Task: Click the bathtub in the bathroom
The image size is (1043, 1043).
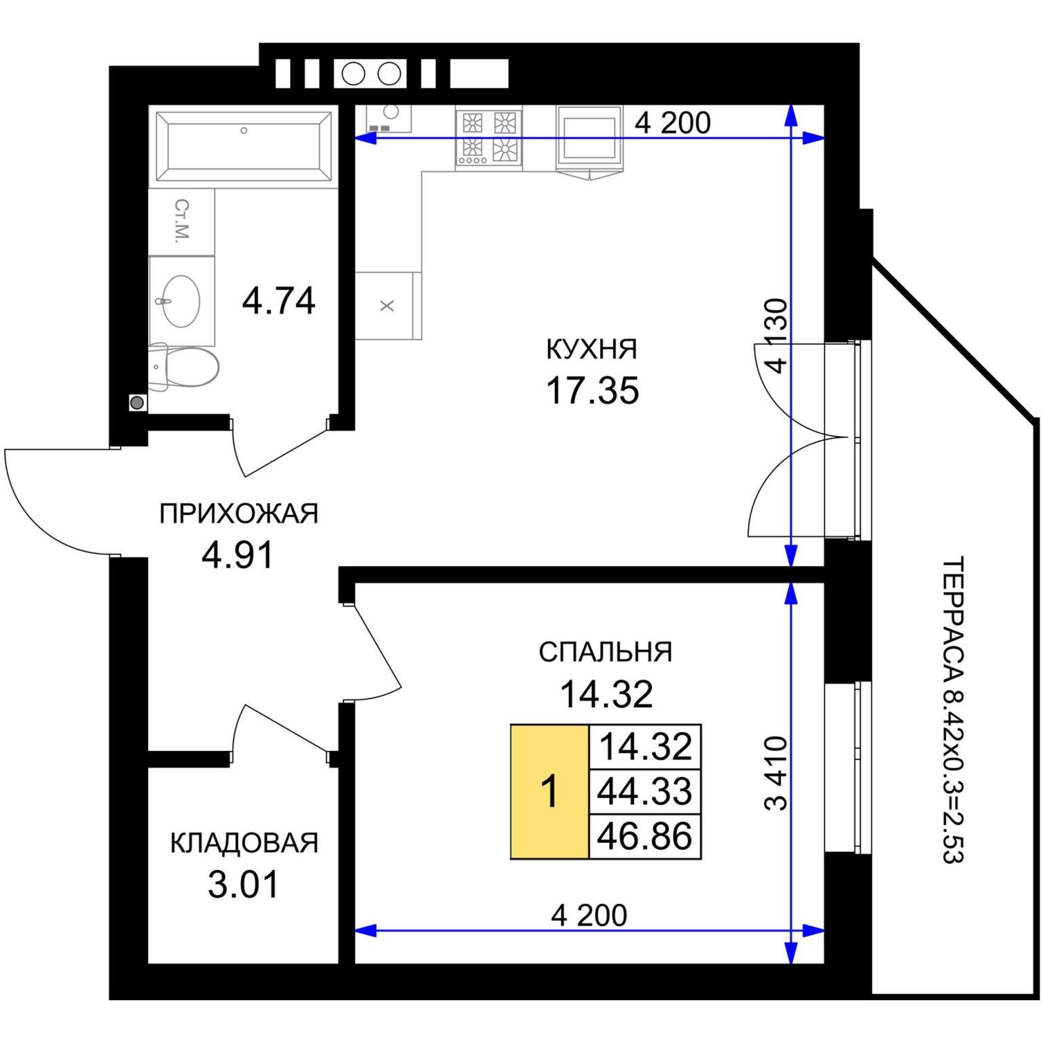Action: (244, 147)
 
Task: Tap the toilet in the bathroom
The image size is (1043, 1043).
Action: (184, 367)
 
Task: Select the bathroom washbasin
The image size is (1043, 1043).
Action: (181, 301)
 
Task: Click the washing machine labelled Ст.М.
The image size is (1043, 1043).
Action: (182, 222)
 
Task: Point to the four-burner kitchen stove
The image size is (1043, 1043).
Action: (489, 138)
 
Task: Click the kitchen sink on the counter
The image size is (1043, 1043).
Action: (389, 118)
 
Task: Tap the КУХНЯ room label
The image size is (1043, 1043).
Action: (591, 349)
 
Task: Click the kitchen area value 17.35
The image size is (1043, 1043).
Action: (592, 390)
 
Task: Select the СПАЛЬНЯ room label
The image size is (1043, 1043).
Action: (606, 652)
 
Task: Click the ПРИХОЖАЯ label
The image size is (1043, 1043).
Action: (238, 513)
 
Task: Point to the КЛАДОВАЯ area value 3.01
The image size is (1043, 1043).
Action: (243, 884)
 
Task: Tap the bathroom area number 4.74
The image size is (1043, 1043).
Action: (278, 300)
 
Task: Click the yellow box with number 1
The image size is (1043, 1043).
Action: (549, 792)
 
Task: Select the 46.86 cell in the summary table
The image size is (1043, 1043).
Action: (644, 836)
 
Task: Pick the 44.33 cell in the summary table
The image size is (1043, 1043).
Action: (644, 791)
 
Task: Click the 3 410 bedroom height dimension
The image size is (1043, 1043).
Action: (775, 773)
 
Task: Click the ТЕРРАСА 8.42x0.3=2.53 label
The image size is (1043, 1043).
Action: (953, 710)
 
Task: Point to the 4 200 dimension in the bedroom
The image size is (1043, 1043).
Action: (589, 915)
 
